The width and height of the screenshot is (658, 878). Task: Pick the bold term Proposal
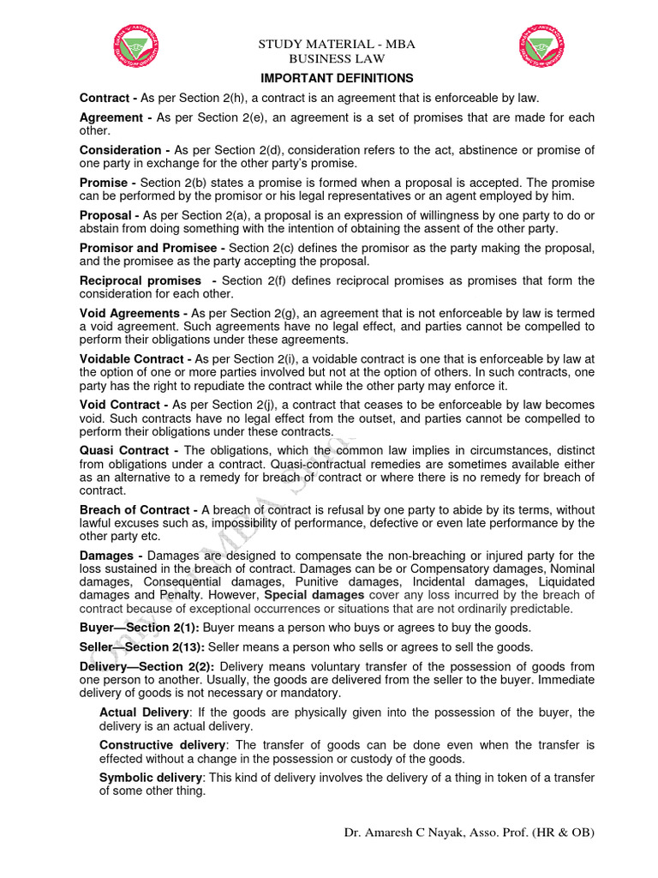106,215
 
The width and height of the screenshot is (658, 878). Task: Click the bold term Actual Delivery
144,713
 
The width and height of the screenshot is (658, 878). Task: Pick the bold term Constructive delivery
163,745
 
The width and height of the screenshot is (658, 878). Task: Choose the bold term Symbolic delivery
151,778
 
